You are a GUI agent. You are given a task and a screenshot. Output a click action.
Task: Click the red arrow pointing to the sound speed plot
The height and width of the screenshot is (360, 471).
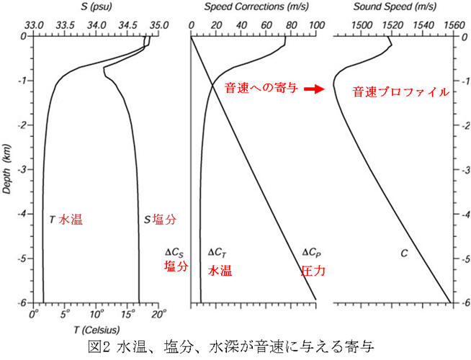[311, 90]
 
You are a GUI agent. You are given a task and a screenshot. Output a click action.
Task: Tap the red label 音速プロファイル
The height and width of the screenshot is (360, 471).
[400, 92]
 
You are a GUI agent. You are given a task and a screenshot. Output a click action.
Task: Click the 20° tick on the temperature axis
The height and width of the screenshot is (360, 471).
[159, 314]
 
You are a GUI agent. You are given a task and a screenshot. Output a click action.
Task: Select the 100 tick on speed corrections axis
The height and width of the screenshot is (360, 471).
[315, 24]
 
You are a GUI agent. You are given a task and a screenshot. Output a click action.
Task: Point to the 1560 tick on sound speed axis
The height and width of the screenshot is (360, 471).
[452, 24]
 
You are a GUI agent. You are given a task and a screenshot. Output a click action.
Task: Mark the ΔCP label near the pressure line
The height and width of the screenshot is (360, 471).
[310, 253]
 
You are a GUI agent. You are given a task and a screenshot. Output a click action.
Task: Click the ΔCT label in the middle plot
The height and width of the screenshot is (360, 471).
[218, 253]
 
